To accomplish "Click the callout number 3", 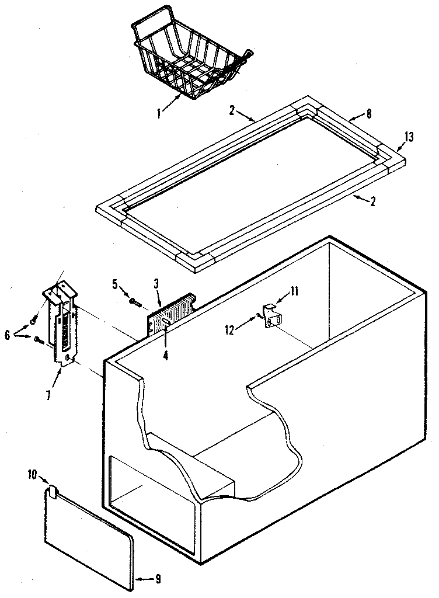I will coord(156,284).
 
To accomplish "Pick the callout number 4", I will coord(166,354).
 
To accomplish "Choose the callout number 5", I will coord(116,284).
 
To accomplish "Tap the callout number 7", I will coord(48,395).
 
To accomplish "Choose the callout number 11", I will coord(294,290).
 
